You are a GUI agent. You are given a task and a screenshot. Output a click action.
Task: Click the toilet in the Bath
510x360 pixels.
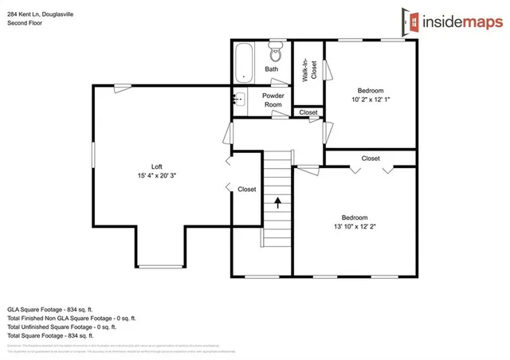click(276, 53)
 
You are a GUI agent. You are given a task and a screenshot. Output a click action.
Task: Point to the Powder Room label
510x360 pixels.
click(273, 100)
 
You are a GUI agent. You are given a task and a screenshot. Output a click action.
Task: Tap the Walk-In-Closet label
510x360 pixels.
click(305, 71)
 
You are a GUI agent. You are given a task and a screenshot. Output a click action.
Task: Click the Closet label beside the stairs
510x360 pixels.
click(247, 190)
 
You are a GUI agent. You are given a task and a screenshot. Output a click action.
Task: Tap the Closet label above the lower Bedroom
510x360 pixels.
click(371, 158)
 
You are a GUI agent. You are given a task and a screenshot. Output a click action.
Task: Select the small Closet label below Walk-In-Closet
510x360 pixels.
click(308, 113)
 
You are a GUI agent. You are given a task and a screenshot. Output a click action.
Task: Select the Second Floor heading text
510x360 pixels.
click(26, 23)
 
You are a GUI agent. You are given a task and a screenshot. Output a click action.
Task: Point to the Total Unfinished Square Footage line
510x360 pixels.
click(61, 327)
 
